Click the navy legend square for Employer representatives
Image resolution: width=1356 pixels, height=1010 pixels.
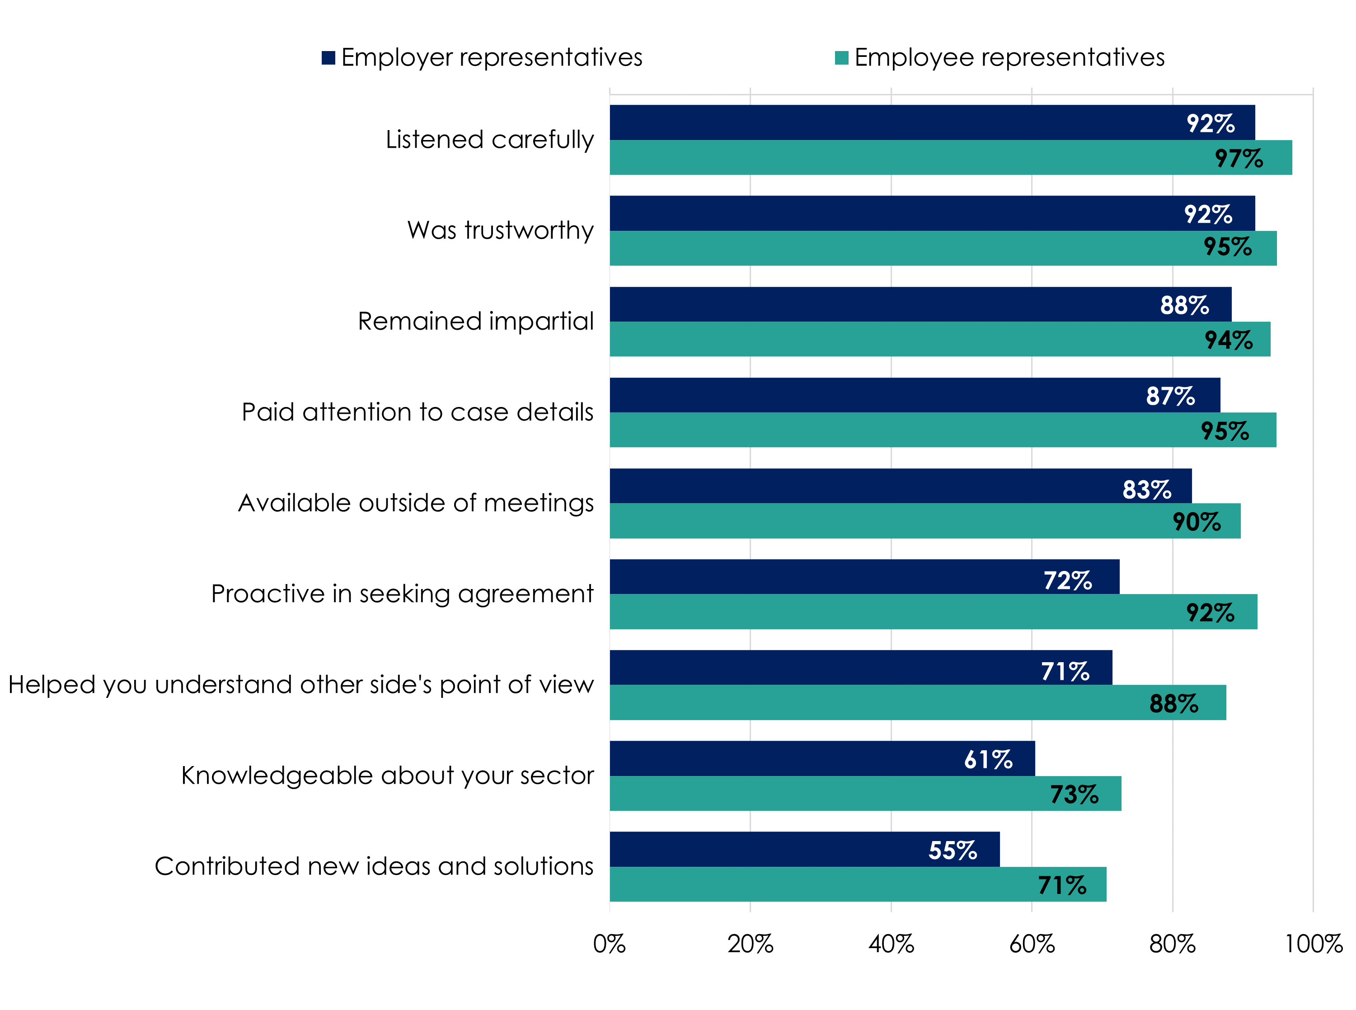coord(328,57)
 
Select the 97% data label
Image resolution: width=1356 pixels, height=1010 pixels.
coord(1238,159)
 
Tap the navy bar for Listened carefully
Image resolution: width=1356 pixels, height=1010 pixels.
coord(917,122)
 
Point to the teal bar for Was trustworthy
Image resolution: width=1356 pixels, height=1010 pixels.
coord(917,248)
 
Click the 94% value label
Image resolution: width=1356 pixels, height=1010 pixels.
coord(1228,340)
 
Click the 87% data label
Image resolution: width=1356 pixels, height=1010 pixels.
coord(1170,396)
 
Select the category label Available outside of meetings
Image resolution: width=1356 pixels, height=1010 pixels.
coord(415,503)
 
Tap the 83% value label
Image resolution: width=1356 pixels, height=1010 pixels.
coord(1146,489)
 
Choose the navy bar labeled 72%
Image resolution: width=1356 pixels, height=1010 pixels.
coord(856,576)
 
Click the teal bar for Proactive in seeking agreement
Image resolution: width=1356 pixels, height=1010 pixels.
coord(917,612)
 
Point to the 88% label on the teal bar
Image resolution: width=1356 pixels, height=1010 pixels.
coord(1173,703)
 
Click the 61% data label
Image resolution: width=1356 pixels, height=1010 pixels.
coord(988,759)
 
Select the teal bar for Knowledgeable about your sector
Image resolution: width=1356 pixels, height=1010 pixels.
coord(856,793)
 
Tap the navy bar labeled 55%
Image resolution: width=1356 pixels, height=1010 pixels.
coord(795,849)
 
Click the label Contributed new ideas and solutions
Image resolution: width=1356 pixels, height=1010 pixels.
coord(374,866)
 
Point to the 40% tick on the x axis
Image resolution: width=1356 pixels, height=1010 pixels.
coord(891,944)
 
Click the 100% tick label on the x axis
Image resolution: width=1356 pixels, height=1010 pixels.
coord(1313,944)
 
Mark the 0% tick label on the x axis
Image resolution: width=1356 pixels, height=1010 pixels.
coord(609,944)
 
